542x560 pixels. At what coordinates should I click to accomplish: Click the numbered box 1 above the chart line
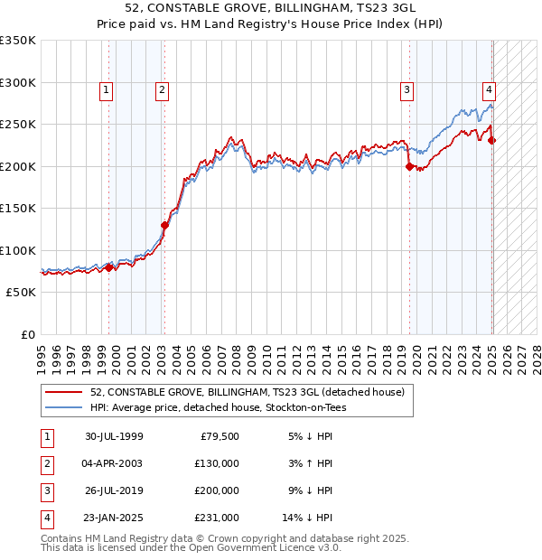107,89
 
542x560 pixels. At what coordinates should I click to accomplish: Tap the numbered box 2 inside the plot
161,89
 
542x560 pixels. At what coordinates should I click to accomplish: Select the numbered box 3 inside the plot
407,89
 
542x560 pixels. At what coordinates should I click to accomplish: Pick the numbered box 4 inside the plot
489,89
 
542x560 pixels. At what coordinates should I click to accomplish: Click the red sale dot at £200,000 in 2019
409,166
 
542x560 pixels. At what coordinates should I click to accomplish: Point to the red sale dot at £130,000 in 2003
164,225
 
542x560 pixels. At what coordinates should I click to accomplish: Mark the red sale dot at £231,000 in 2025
492,140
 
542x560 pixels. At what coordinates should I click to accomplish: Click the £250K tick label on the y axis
18,124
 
